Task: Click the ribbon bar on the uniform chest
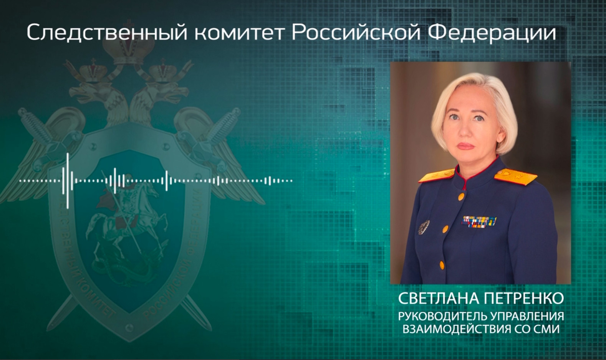[x=479, y=221]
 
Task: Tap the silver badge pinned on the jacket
[x=424, y=227]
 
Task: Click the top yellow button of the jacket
[x=461, y=197]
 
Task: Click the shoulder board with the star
[x=515, y=177]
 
